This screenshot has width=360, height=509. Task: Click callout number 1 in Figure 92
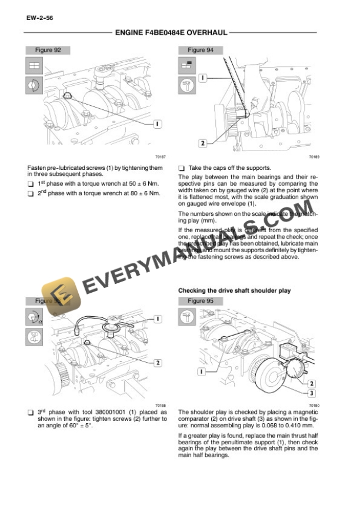click(158, 123)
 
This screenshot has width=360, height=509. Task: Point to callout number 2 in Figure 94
click(203, 143)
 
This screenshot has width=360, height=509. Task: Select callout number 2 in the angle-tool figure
click(158, 363)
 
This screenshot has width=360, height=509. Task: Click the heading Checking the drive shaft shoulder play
click(234, 291)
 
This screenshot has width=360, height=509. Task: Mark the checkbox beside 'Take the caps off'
click(181, 168)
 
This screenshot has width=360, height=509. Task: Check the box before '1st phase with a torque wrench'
click(31, 184)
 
